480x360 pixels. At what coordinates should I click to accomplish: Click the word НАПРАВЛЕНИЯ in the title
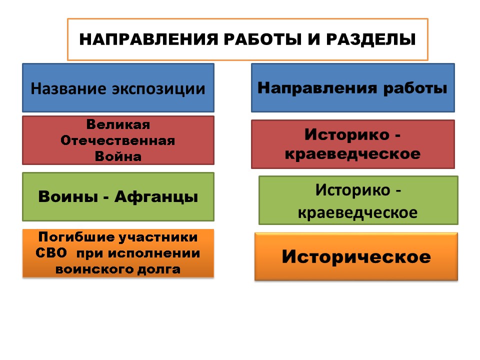(x=149, y=39)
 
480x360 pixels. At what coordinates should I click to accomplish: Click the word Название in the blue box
(x=68, y=89)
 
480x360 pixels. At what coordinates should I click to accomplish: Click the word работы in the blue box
(x=415, y=88)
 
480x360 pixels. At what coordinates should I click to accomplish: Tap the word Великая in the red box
(x=118, y=124)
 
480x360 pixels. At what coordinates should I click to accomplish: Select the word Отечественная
(x=118, y=140)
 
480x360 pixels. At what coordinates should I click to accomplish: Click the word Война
(x=118, y=156)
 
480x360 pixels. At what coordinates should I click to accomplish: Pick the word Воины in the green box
(x=68, y=196)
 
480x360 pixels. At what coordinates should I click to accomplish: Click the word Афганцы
(x=156, y=197)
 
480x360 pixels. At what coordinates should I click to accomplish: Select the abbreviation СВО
(x=51, y=253)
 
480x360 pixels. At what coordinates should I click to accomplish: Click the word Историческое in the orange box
(x=356, y=257)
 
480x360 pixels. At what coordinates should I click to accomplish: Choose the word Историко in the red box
(x=347, y=134)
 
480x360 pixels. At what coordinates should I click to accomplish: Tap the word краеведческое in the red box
(x=352, y=154)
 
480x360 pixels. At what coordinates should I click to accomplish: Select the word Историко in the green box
(x=352, y=190)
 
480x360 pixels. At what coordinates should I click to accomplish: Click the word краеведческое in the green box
(x=357, y=212)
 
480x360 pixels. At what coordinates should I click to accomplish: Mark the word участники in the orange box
(x=158, y=237)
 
